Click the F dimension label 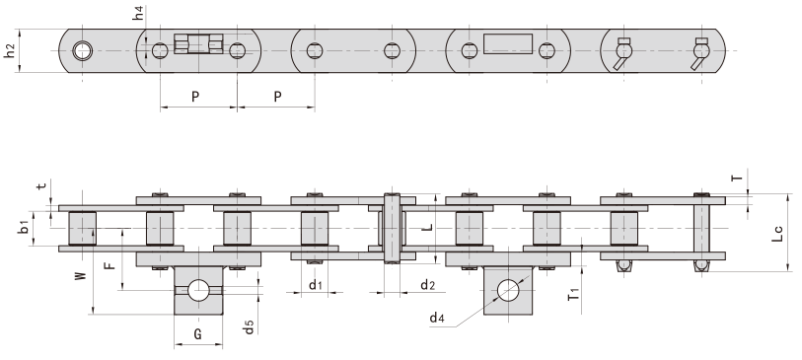109,261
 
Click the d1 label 314,286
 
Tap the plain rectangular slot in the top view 508,45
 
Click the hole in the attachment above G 198,290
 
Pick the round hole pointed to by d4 509,290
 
